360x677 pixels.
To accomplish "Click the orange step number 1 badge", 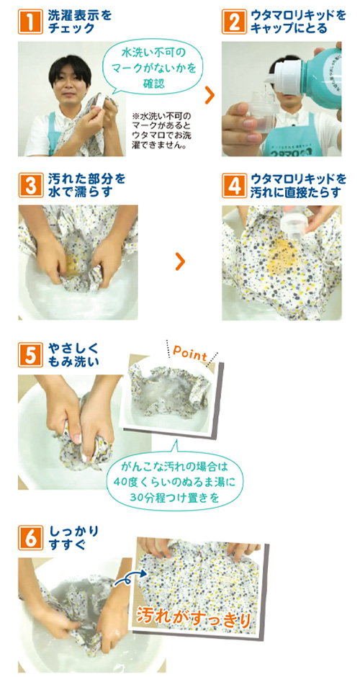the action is pos(30,22).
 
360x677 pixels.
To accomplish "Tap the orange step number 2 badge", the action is pos(233,22).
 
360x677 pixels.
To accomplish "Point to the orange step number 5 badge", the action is pos(30,355).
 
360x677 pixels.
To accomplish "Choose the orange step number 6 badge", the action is pos(30,537).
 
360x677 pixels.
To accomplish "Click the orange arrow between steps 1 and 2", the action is pos(209,96).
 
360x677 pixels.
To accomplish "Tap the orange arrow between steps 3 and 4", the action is pos(181,261).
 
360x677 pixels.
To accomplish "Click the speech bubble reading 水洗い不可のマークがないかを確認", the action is pos(151,68).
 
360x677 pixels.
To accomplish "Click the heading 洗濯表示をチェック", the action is pos(80,22).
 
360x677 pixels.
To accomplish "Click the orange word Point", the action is pos(191,354).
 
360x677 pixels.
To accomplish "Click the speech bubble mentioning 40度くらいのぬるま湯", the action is pos(175,480).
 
